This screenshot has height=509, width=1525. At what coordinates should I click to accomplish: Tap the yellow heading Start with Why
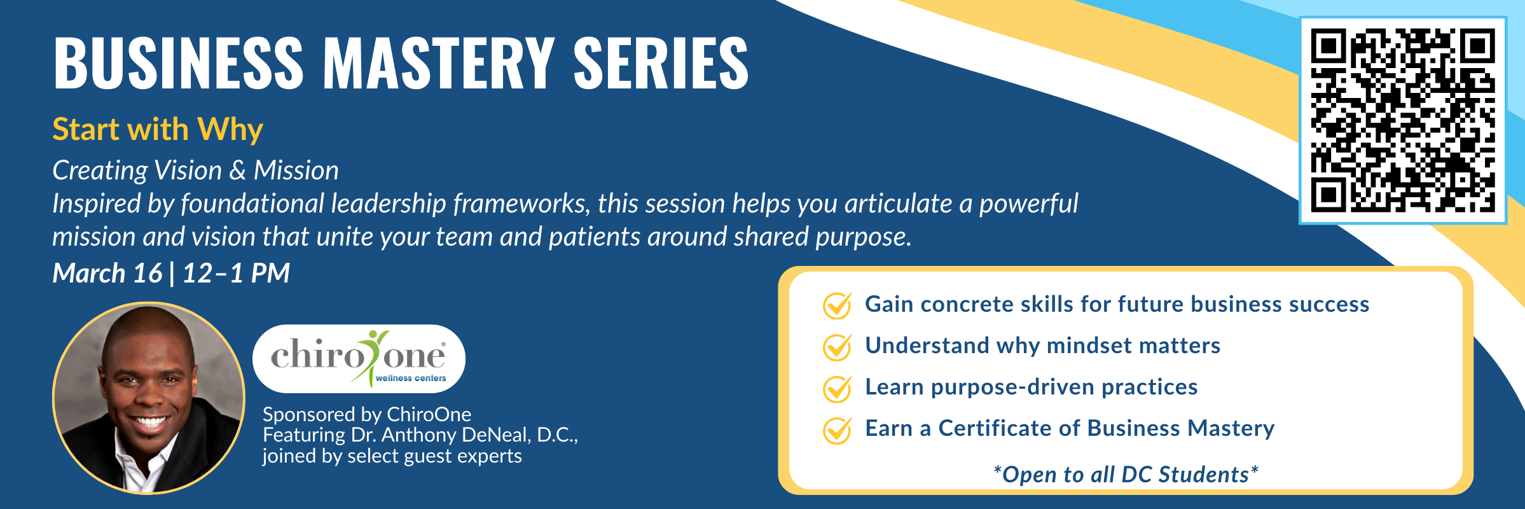[x=158, y=130]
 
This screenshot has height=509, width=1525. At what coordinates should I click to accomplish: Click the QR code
[x=1403, y=120]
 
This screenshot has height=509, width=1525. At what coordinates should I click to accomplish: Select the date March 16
[x=107, y=274]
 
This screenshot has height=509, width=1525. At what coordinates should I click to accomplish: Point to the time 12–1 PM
[x=236, y=274]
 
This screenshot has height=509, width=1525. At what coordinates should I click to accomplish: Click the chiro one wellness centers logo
[x=359, y=358]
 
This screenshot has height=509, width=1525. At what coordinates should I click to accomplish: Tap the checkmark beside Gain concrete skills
[x=838, y=305]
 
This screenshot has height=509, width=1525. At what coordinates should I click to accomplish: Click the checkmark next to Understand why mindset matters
[x=838, y=347]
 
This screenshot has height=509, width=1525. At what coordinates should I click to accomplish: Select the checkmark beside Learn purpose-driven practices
[x=838, y=388]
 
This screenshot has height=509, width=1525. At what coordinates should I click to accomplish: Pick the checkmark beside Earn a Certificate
[x=838, y=429]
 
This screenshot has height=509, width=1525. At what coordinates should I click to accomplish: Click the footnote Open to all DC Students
[x=1126, y=475]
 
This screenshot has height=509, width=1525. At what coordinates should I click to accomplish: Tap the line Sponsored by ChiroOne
[x=367, y=415]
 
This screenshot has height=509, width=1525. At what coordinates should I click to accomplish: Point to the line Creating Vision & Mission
[x=195, y=171]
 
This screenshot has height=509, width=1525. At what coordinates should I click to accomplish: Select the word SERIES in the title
[x=661, y=62]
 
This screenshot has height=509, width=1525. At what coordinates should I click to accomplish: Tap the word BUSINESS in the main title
[x=179, y=62]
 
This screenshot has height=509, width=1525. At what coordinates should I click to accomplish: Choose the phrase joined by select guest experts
[x=392, y=456]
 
